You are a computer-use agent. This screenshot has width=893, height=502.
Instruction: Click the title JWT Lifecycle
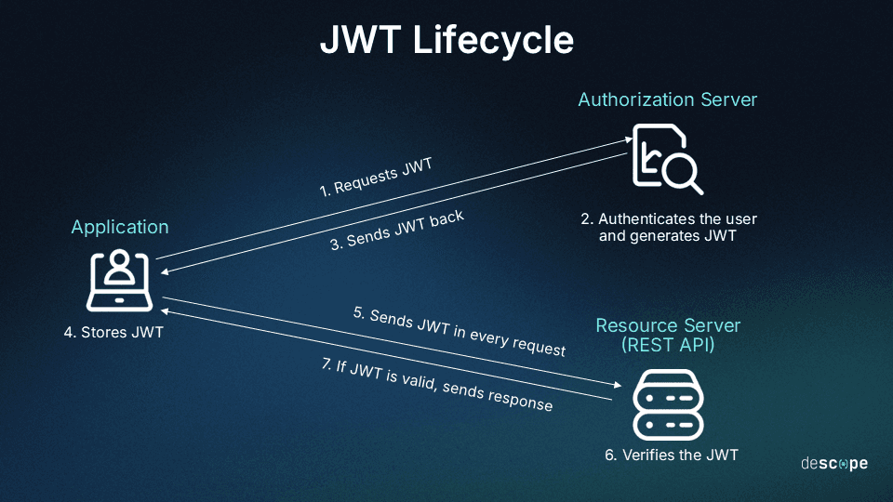[446, 41]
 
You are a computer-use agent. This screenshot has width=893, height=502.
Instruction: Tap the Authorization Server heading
[667, 99]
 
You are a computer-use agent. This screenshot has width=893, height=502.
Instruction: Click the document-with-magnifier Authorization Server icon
[666, 159]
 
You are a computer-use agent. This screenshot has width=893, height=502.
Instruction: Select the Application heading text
[120, 227]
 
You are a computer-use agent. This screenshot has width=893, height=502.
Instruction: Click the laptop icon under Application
[120, 280]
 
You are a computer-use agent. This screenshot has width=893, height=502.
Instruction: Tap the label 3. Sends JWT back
[397, 231]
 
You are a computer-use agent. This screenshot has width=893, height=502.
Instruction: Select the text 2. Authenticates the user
[668, 219]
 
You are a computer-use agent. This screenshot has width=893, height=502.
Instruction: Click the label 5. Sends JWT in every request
[460, 332]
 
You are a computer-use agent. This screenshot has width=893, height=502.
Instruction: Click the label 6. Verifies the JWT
[670, 456]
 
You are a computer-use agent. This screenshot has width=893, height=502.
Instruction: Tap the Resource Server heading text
[668, 325]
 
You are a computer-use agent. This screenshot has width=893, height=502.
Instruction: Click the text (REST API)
[668, 344]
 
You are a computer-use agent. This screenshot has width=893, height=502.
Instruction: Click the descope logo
[833, 463]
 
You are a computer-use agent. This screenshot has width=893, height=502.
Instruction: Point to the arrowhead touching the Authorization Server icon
[629, 139]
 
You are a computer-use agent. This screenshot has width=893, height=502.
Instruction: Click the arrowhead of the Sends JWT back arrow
[164, 271]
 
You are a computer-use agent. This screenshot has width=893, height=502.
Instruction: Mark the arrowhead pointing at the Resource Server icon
[616, 385]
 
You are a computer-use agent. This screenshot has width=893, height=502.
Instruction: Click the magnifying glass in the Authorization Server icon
[686, 175]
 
